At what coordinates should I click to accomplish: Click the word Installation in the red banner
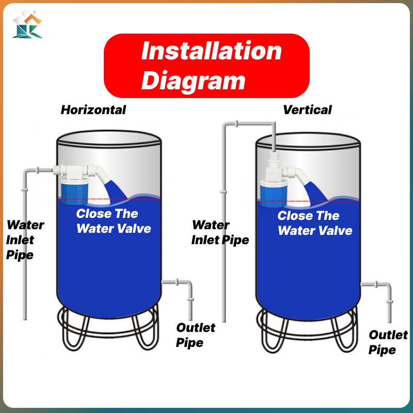(x=212, y=52)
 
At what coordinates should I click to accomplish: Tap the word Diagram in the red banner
(x=194, y=81)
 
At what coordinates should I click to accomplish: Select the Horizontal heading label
(x=93, y=109)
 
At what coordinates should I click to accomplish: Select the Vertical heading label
(x=307, y=109)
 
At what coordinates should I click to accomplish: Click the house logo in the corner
(x=27, y=24)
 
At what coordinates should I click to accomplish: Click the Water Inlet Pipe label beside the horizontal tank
(x=24, y=240)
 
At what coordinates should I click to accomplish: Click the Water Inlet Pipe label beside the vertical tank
(x=219, y=232)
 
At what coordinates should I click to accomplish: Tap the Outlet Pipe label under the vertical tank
(x=388, y=342)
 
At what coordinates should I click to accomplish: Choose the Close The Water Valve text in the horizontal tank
(x=113, y=221)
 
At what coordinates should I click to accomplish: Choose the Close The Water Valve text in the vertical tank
(x=314, y=223)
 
